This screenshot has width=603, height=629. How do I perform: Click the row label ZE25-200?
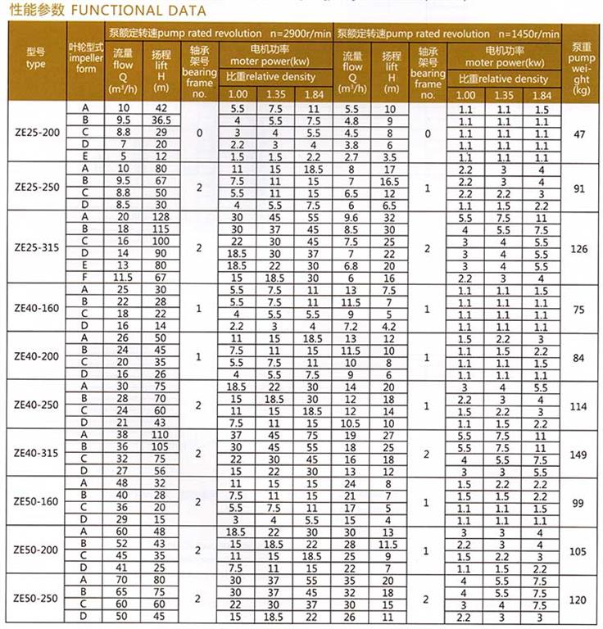click(36, 132)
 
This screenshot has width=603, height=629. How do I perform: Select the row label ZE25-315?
click(36, 247)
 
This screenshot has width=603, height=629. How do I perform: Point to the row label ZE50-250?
click(36, 599)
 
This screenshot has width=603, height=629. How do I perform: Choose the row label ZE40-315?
click(36, 453)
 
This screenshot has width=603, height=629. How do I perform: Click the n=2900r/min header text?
click(301, 34)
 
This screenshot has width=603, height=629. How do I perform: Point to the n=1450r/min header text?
click(528, 34)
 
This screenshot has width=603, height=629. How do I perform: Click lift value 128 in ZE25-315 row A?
click(161, 217)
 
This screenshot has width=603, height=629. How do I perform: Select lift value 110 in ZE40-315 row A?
click(161, 435)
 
